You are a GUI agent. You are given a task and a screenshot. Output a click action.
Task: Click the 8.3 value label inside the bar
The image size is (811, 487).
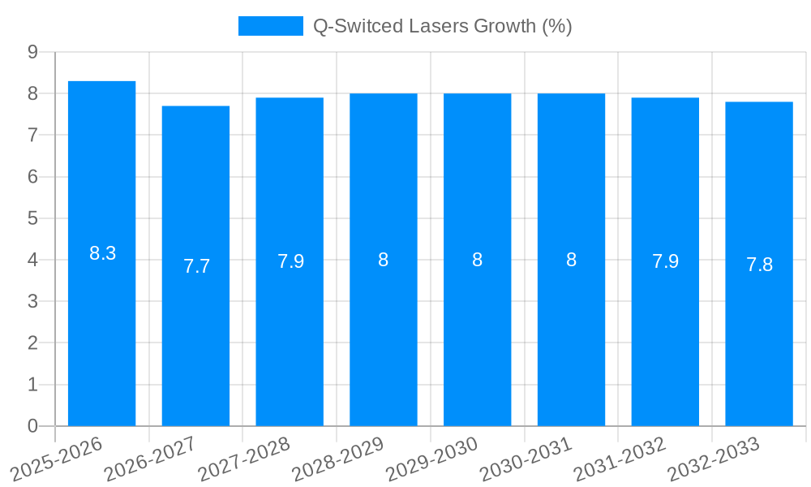(x=102, y=253)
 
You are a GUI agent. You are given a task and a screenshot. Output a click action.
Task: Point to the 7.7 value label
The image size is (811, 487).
(x=196, y=266)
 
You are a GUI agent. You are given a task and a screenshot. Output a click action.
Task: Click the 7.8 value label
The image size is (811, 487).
(x=759, y=265)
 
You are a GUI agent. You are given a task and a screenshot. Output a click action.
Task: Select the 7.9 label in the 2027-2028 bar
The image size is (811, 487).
(x=290, y=261)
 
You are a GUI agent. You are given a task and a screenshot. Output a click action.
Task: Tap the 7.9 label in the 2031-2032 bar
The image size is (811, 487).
(x=665, y=261)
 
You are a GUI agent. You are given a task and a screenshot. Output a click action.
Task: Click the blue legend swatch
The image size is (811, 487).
(x=270, y=26)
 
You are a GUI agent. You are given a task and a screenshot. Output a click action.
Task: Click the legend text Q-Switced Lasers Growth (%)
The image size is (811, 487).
(x=442, y=26)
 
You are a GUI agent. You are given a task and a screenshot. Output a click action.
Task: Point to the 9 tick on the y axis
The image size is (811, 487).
(x=32, y=52)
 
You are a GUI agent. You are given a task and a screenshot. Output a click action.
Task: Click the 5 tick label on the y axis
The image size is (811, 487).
(x=32, y=218)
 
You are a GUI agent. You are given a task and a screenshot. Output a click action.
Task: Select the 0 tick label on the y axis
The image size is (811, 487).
(x=32, y=426)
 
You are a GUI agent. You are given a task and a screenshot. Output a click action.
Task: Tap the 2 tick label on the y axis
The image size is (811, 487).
(x=32, y=343)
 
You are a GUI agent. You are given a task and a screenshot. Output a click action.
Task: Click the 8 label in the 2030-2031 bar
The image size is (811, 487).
(x=571, y=260)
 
